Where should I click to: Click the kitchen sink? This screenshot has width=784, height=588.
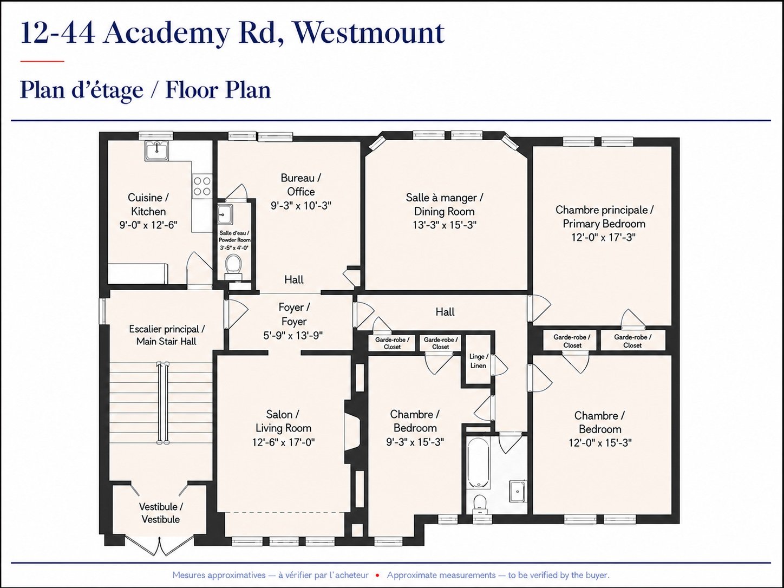pyautogui.click(x=156, y=151)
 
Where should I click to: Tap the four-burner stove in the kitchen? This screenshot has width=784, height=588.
pyautogui.click(x=202, y=186)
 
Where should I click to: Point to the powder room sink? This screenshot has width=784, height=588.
pyautogui.click(x=225, y=214)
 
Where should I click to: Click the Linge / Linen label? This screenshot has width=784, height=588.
pyautogui.click(x=478, y=361)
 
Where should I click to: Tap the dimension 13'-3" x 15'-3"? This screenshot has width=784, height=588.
pyautogui.click(x=445, y=225)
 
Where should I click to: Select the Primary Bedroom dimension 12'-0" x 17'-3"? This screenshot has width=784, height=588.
pyautogui.click(x=603, y=237)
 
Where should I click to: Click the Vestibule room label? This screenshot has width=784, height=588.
pyautogui.click(x=161, y=513)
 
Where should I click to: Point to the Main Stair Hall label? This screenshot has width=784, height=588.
pyautogui.click(x=166, y=335)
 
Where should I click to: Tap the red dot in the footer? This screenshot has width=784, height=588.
pyautogui.click(x=377, y=576)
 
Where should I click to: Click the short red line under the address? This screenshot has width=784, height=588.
pyautogui.click(x=42, y=61)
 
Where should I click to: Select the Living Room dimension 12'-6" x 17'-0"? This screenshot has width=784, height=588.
pyautogui.click(x=283, y=442)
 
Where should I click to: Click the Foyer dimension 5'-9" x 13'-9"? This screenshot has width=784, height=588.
pyautogui.click(x=293, y=336)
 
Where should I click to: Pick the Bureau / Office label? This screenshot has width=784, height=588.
pyautogui.click(x=300, y=185)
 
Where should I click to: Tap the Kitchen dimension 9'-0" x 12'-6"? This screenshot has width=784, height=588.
pyautogui.click(x=148, y=225)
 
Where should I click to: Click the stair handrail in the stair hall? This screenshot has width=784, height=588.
pyautogui.click(x=163, y=403)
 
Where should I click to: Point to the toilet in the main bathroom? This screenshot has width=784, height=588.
pyautogui.click(x=478, y=505)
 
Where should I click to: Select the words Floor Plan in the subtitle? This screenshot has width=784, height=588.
pyautogui.click(x=218, y=90)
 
